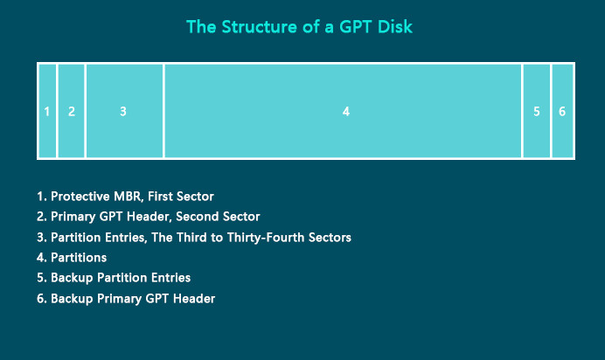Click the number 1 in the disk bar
click(46, 111)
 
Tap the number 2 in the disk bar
click(72, 111)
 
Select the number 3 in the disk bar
click(123, 111)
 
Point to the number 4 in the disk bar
click(346, 111)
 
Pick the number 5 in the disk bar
click(536, 111)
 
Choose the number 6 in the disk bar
click(562, 111)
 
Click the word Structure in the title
click(260, 27)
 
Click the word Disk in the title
click(395, 27)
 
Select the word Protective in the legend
click(80, 197)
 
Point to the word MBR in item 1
click(128, 197)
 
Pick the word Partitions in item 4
click(79, 258)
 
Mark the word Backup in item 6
click(72, 299)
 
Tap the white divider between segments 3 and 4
click(163, 111)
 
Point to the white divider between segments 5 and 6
click(551, 111)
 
